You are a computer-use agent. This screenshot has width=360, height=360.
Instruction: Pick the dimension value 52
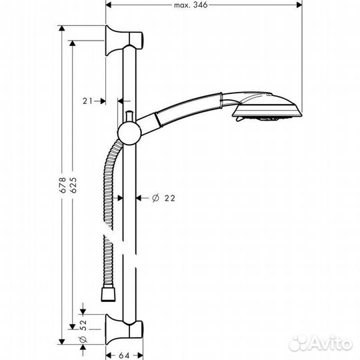coord(83,323)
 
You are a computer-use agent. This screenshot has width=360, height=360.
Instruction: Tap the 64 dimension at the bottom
coord(125,354)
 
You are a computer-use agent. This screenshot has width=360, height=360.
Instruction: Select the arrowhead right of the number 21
coord(102,101)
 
